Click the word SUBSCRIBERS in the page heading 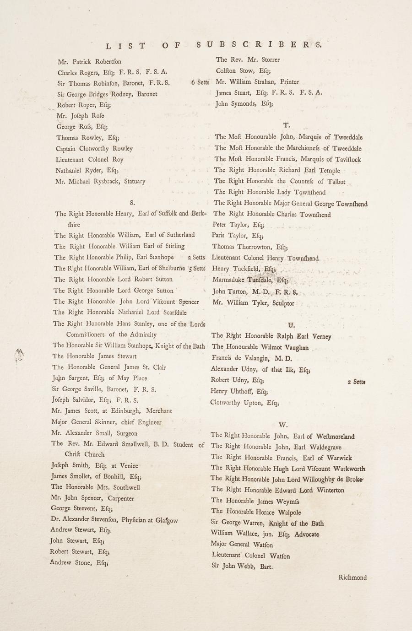[x=259, y=45]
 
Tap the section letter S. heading [x=132, y=201]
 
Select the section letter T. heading [x=286, y=125]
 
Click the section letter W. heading [x=283, y=425]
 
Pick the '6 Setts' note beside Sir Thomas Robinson [x=200, y=83]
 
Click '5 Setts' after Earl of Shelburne [x=197, y=269]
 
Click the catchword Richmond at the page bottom [x=352, y=577]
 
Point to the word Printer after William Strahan [x=290, y=82]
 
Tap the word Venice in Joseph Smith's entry [x=129, y=466]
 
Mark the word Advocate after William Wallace [x=307, y=534]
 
